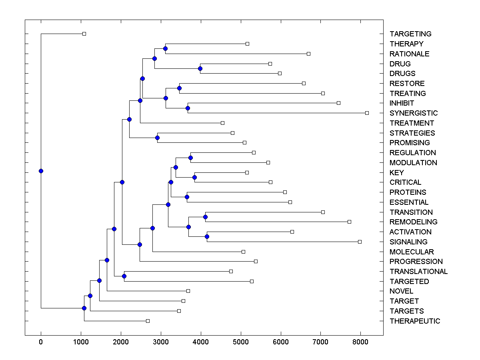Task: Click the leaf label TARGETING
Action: click(410, 34)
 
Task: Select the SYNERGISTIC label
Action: click(414, 113)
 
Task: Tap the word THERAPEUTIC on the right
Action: click(415, 321)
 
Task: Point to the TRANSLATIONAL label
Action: click(418, 272)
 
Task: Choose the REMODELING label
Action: click(414, 222)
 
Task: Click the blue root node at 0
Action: click(41, 171)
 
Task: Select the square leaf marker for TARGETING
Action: click(84, 34)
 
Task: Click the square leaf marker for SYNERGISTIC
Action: click(367, 113)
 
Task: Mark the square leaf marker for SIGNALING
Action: click(360, 242)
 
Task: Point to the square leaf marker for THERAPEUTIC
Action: click(148, 321)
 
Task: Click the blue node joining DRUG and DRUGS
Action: click(200, 68)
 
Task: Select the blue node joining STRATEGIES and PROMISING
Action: click(157, 138)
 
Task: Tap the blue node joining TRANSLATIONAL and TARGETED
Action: click(124, 276)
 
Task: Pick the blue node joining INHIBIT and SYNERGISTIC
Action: click(188, 108)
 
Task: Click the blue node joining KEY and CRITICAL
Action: click(194, 177)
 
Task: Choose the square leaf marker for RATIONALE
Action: click(308, 54)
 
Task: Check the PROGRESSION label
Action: click(416, 262)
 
